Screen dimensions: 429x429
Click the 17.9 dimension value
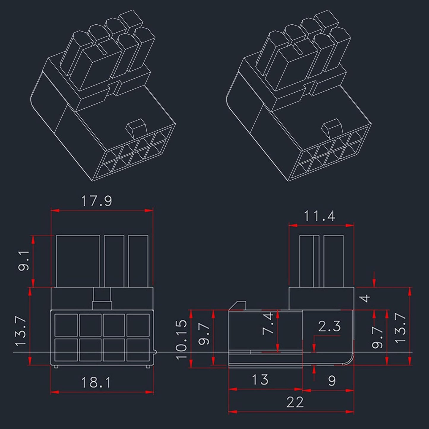coord(96,201)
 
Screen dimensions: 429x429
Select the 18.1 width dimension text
coord(96,382)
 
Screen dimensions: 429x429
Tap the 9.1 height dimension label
coord(24,260)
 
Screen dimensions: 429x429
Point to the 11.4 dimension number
coord(319,216)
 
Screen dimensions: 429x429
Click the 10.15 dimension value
coord(182,339)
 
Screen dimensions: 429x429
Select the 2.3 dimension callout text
coord(329,327)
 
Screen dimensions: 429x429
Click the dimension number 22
coord(295,402)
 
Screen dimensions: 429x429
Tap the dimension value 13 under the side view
coord(260,380)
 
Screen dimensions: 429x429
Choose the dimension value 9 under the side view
coord(332,381)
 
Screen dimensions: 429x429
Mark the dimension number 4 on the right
coord(366,298)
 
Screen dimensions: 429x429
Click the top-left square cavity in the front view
coord(66,325)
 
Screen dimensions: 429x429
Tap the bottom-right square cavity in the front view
coord(138,350)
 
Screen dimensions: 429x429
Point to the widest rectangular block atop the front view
coord(78,261)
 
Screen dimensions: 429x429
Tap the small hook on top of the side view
coord(240,305)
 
